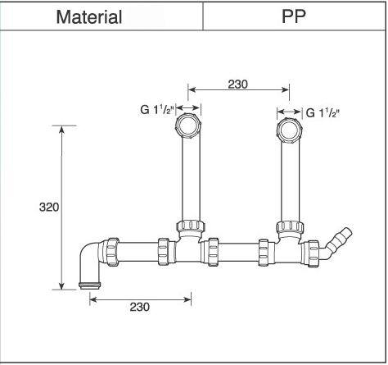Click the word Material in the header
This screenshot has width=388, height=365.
pyautogui.click(x=89, y=16)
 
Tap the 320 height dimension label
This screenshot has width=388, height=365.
pyautogui.click(x=49, y=208)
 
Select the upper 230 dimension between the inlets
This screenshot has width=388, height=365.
pyautogui.click(x=237, y=84)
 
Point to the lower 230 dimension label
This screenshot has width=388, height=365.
pyautogui.click(x=139, y=307)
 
